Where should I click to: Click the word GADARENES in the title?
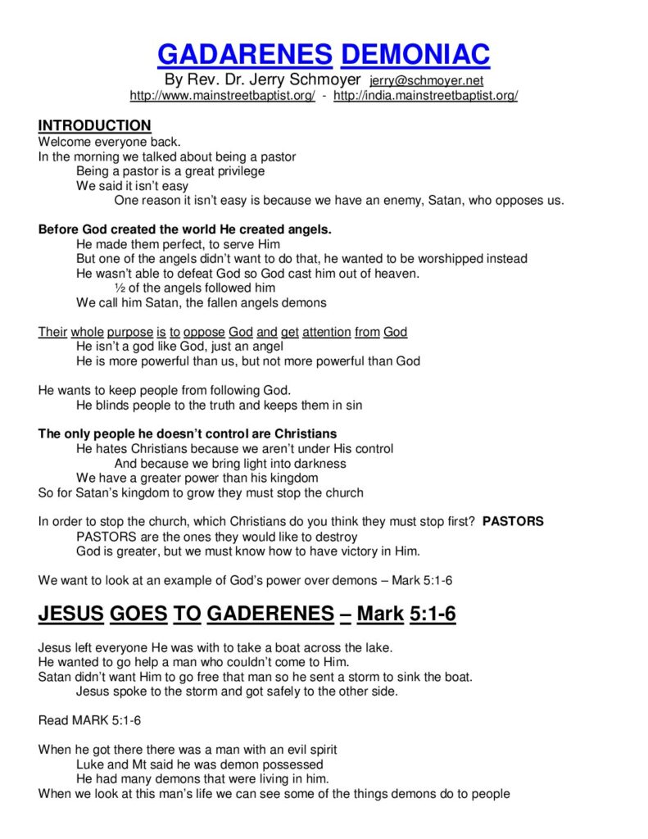(244, 54)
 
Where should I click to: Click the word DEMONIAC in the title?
(415, 54)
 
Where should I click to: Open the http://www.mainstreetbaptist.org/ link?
(222, 96)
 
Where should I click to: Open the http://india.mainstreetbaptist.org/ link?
(425, 96)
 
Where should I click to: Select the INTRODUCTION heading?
(94, 125)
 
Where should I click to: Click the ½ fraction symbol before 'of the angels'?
(119, 288)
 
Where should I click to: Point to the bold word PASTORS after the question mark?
(513, 521)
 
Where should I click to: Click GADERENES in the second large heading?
(270, 613)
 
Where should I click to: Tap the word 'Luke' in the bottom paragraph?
(89, 764)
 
